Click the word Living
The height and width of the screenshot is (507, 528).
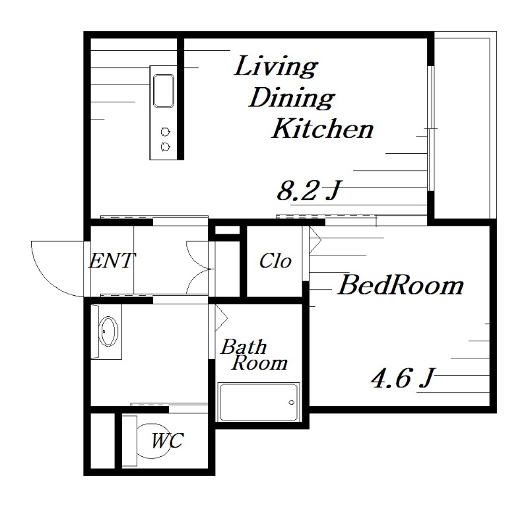click(x=275, y=67)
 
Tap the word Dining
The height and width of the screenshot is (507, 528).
click(x=292, y=98)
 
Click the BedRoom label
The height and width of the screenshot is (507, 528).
click(x=401, y=285)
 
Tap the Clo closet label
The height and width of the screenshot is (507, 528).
click(x=275, y=261)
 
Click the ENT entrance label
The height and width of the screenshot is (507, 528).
click(x=112, y=260)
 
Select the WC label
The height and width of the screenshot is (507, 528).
click(x=168, y=440)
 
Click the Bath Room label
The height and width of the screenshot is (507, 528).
click(x=254, y=355)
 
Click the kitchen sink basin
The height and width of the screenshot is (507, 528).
click(x=164, y=90)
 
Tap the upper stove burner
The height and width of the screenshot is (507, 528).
click(x=165, y=132)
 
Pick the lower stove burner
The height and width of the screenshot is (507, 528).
click(x=165, y=147)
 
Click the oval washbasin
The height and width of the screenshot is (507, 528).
click(x=108, y=331)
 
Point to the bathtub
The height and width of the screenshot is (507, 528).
click(x=259, y=402)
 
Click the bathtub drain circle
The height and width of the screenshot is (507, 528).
click(x=292, y=402)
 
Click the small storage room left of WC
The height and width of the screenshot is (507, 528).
click(x=103, y=440)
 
